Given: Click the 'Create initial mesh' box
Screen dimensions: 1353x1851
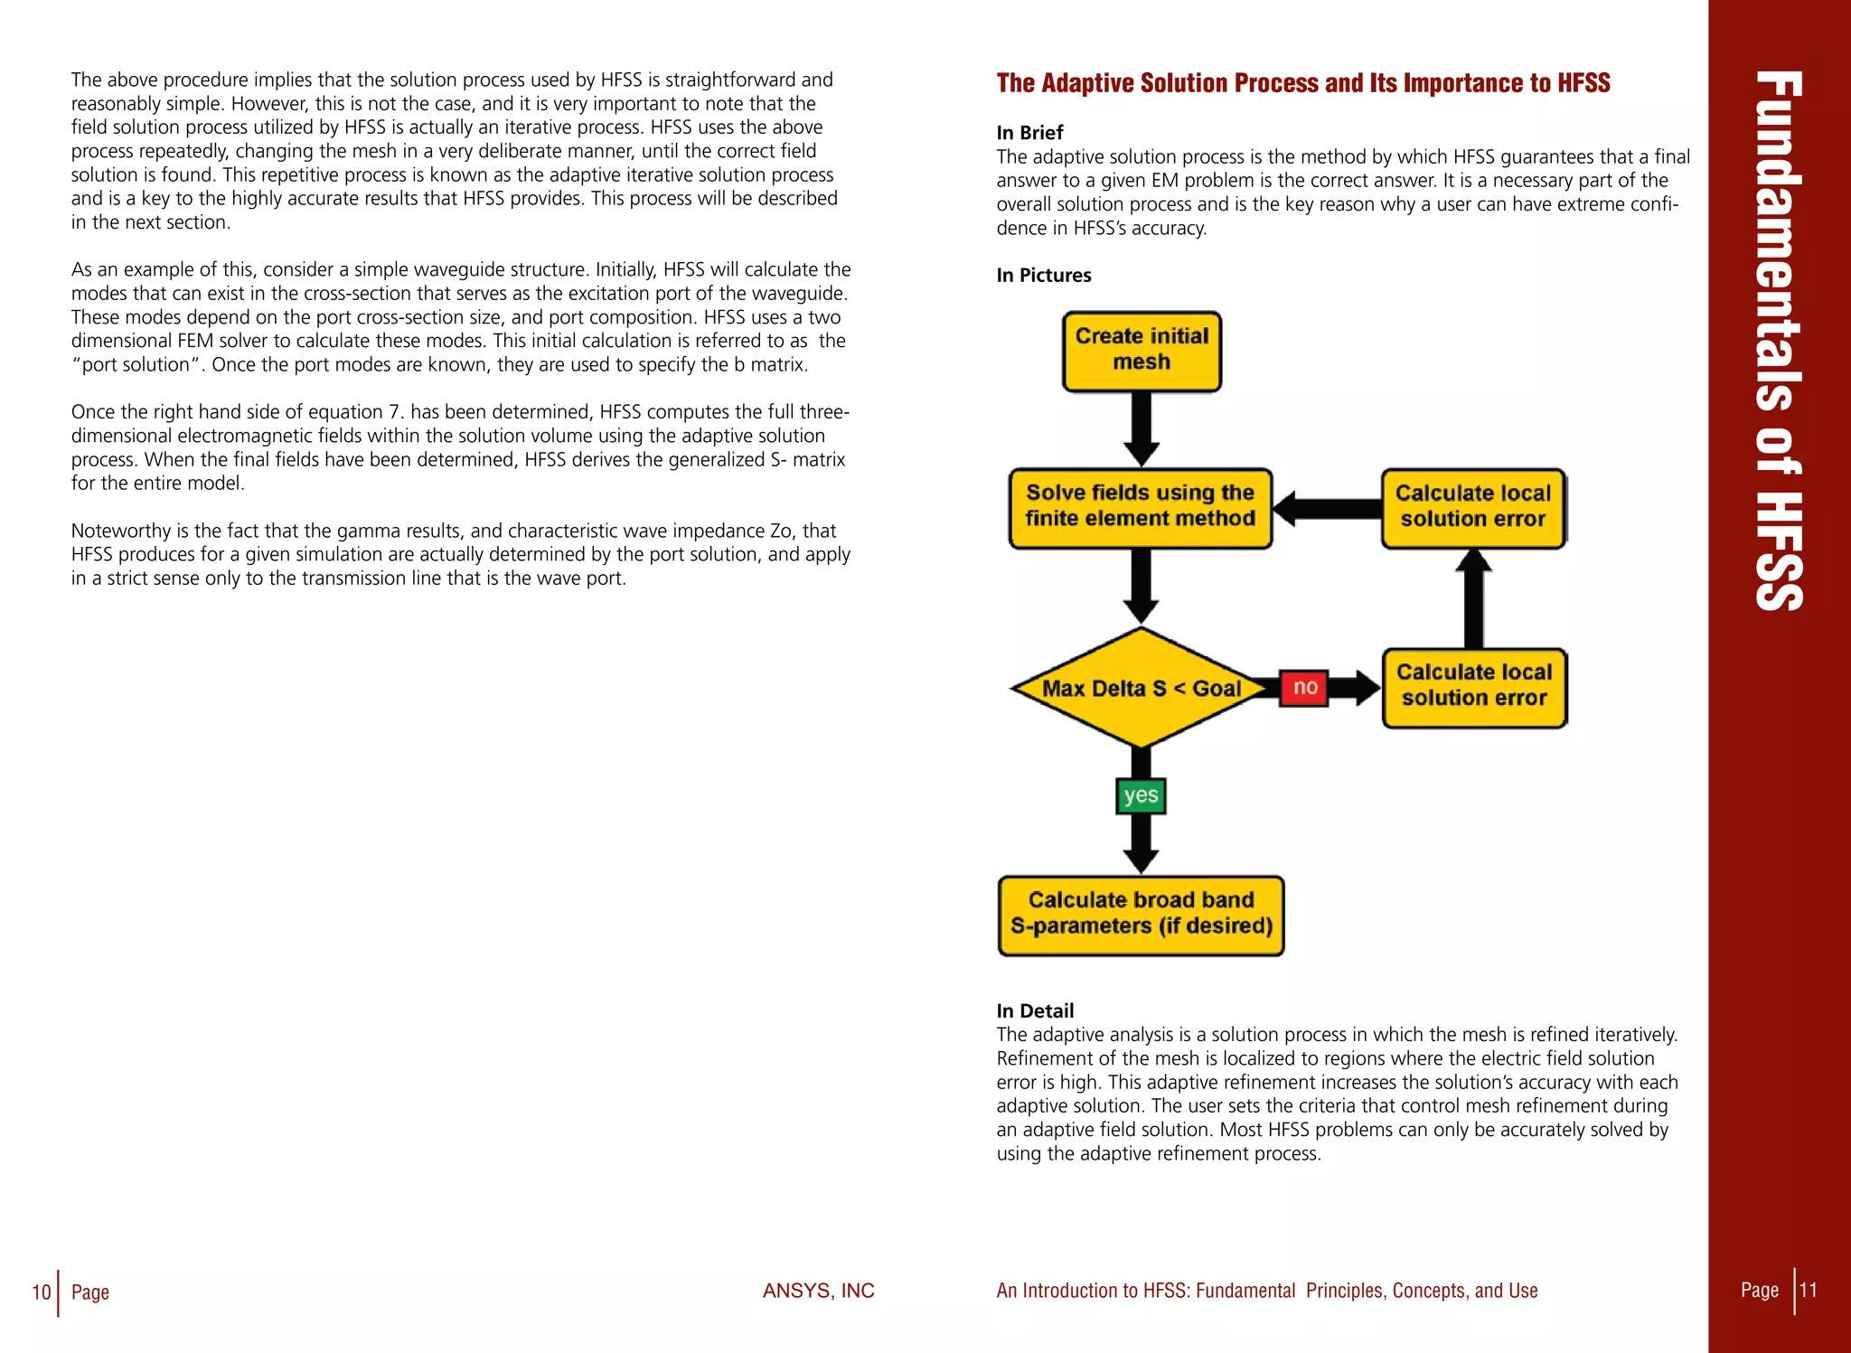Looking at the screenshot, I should point(1142,351).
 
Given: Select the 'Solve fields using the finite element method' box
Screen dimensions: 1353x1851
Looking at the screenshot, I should point(1140,507).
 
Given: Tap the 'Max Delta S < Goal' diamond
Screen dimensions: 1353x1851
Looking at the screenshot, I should point(1141,688).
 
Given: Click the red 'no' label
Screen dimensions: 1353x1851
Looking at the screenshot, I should point(1304,688).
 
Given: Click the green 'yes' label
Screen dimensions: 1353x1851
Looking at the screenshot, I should point(1141,795).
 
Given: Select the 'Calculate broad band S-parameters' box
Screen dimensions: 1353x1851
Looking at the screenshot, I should point(1141,915).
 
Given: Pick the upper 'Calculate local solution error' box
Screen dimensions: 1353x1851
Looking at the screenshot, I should point(1473,507).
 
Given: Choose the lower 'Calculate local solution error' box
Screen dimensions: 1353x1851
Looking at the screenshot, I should point(1474,687).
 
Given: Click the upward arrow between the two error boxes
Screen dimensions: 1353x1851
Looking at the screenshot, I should point(1473,597).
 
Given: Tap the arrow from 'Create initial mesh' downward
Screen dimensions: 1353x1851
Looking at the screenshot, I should point(1142,430).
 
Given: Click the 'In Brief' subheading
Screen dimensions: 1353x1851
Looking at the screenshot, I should point(1029,133).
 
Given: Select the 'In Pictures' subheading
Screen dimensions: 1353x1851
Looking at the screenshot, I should point(1044,276).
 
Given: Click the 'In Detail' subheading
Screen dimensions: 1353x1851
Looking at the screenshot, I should point(1035,1010).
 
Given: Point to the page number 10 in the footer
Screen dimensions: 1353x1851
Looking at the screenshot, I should point(41,1292).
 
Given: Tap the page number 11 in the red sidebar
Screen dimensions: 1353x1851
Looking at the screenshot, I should point(1808,1290).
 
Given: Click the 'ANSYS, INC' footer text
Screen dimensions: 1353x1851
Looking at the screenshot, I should point(818,1291).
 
